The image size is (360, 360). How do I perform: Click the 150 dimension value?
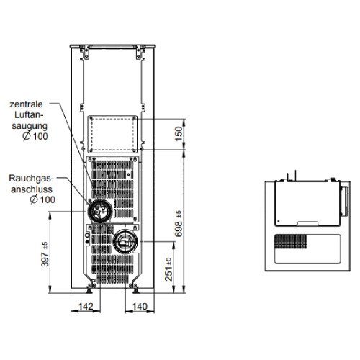coord(179,134)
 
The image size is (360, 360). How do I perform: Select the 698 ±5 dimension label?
coord(179,224)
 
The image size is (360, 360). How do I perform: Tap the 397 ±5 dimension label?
coord(45,254)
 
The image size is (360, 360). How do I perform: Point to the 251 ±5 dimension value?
coord(168,269)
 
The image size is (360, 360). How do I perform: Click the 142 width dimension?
coord(86,306)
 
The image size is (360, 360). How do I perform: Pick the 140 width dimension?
coord(140,306)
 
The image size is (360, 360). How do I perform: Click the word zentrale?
coord(26,104)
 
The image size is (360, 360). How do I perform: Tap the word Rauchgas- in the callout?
coord(30,179)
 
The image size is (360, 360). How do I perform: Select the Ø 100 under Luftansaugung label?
coord(35,136)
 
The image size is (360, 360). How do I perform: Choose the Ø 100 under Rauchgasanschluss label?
coord(42,199)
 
